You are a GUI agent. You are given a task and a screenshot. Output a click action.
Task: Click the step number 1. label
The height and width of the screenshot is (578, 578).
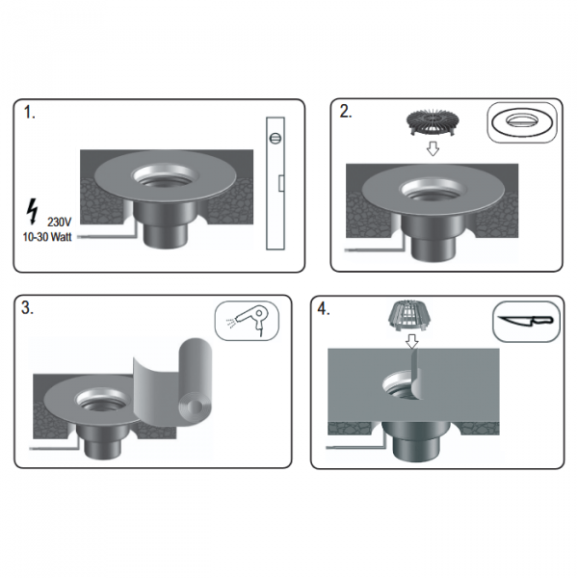click(30, 112)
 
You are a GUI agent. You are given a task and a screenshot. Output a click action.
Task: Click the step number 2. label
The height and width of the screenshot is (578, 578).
click(346, 112)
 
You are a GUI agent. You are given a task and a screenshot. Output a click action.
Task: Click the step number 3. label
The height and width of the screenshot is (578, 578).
click(27, 308)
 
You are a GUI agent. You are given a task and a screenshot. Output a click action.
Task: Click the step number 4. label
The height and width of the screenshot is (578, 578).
click(324, 309)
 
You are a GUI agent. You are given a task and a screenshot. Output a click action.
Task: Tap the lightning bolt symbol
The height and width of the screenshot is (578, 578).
click(33, 212)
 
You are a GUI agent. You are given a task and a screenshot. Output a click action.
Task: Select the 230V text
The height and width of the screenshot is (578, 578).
click(60, 223)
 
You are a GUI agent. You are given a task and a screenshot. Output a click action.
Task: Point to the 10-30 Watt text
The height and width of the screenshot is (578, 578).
click(47, 237)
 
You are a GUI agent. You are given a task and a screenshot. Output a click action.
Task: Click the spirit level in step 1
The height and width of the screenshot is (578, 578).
click(276, 184)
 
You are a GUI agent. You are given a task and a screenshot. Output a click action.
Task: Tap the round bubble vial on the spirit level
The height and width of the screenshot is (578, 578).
click(276, 138)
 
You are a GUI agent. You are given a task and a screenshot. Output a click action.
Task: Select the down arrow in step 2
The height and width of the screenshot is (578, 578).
click(433, 149)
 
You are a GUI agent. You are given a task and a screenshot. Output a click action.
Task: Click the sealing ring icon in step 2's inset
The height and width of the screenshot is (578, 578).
click(523, 122)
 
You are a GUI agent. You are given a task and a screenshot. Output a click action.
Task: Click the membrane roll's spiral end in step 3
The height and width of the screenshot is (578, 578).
click(196, 407)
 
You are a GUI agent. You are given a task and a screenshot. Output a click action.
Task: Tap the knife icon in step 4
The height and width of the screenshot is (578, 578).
click(526, 321)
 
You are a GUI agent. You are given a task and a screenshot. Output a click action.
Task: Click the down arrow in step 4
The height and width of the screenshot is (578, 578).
click(411, 341)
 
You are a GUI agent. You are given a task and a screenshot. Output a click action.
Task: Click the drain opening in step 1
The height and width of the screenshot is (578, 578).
click(165, 176)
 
